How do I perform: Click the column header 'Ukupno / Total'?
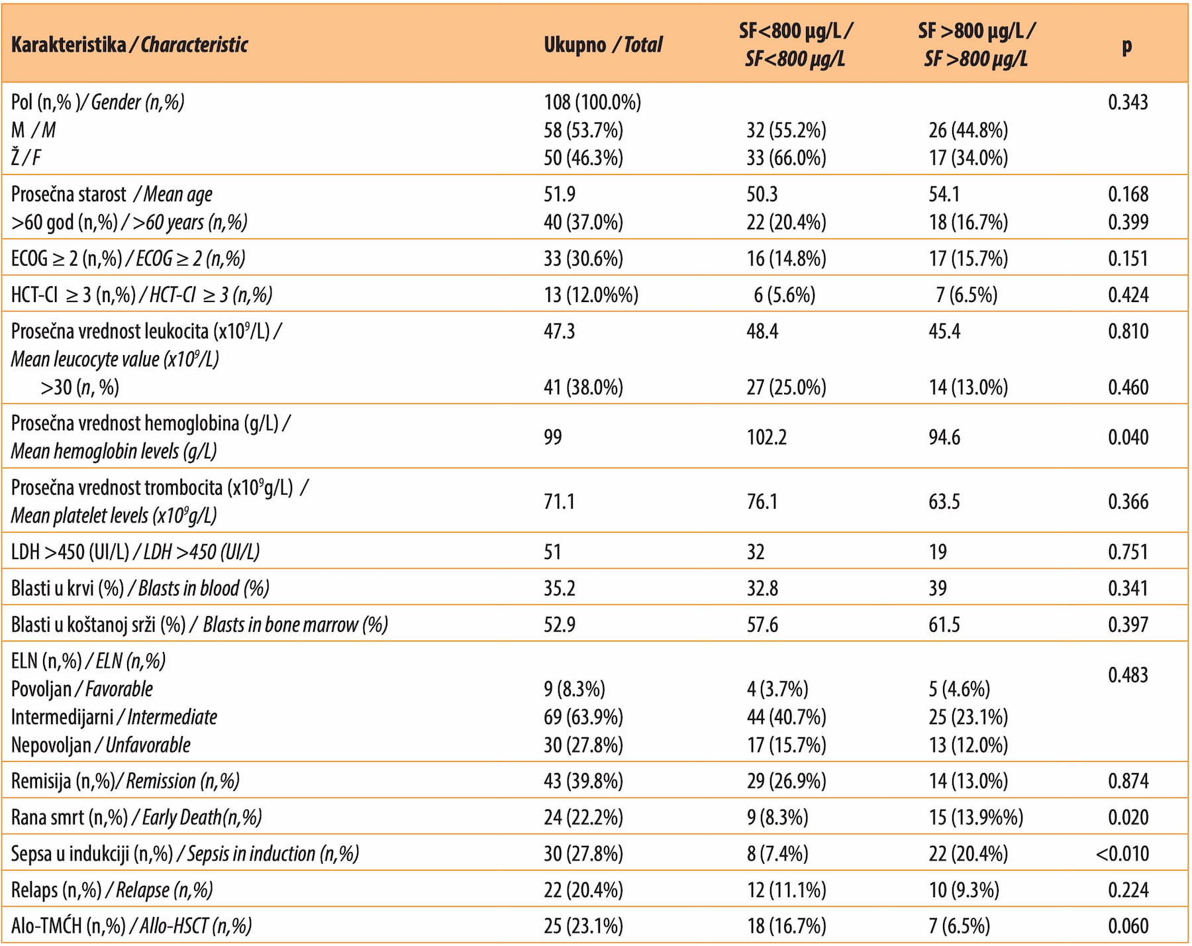click(603, 45)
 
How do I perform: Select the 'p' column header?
click(1127, 46)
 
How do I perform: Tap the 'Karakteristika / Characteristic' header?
click(130, 45)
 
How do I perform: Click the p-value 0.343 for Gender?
click(1128, 102)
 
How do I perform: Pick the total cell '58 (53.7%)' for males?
click(583, 130)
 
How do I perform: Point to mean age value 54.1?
click(944, 194)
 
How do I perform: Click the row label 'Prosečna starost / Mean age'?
click(112, 195)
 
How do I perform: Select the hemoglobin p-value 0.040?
click(1128, 437)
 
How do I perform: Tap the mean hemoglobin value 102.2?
click(766, 437)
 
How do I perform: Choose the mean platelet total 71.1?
click(560, 501)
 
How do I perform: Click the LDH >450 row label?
click(135, 552)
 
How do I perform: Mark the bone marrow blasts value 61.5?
click(944, 625)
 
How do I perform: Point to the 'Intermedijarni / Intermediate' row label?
click(114, 717)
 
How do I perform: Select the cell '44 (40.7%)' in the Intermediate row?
click(786, 717)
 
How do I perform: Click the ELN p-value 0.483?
click(1128, 675)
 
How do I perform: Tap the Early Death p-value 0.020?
click(1128, 817)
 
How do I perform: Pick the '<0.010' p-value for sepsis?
click(1122, 854)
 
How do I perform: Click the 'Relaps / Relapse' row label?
click(112, 890)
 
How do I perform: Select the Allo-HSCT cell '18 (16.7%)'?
click(786, 926)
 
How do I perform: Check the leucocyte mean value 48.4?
click(762, 331)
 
